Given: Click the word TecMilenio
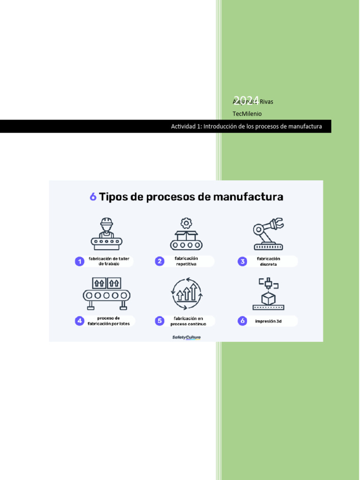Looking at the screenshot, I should pos(247,114).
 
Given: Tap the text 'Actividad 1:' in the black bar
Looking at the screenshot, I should pos(186,127).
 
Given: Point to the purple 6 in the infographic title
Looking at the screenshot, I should pos(93,197).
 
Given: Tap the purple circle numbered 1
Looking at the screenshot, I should pos(80,262).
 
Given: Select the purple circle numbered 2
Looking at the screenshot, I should pos(160,262).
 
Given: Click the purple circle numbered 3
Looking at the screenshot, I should pos(242,262).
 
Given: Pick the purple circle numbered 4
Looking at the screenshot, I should pos(80,321).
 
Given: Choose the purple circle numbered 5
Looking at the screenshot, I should pos(160,321).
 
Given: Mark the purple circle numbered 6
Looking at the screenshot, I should pos(242,321).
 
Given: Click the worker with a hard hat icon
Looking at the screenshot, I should pos(106,233).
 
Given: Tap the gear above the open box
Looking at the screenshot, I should pos(186,223).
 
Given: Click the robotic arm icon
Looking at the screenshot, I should pos(269,233).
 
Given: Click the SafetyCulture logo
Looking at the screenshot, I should pos(186,337).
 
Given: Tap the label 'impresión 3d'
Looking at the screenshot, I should pos(268,322).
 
